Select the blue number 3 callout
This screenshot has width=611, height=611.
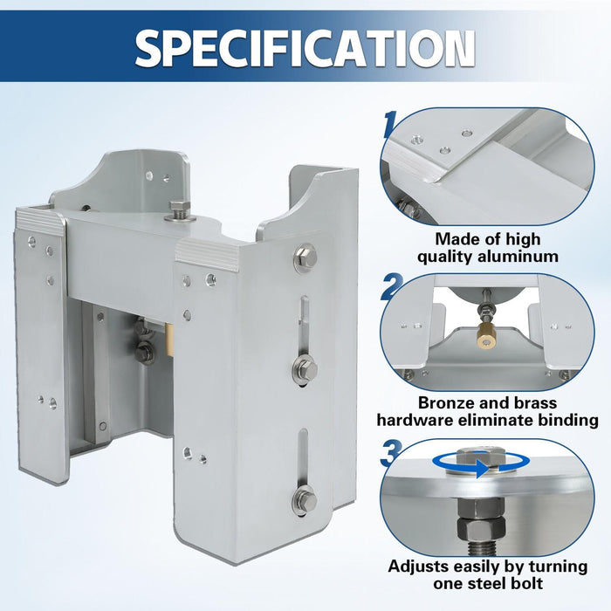(x=391, y=452)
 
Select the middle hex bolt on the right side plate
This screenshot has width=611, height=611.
(x=305, y=368)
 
